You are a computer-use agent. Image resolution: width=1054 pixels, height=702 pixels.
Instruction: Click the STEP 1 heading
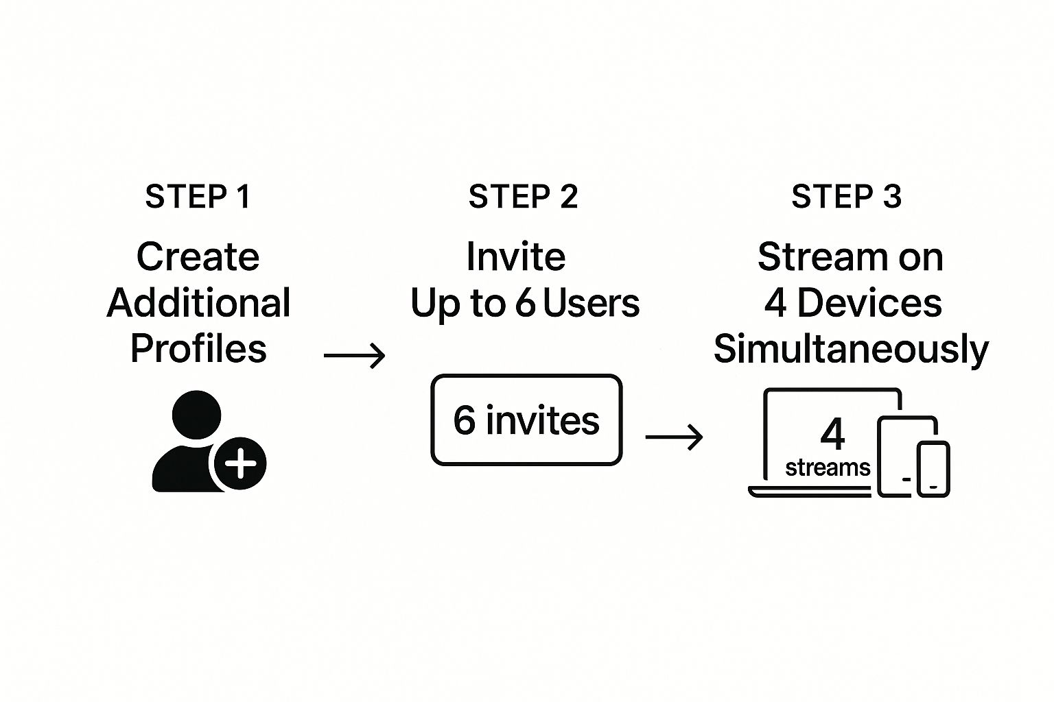click(x=198, y=197)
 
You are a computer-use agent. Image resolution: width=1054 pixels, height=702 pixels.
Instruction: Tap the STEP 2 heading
click(x=523, y=197)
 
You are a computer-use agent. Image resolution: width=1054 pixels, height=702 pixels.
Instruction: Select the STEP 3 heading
click(x=846, y=197)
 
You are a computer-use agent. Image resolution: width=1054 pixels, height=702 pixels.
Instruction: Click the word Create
click(x=198, y=257)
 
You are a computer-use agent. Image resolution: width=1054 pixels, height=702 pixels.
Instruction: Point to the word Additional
click(x=198, y=303)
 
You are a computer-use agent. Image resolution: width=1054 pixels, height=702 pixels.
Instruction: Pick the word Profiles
click(x=198, y=348)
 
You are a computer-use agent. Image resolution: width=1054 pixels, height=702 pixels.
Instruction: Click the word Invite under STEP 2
click(x=516, y=257)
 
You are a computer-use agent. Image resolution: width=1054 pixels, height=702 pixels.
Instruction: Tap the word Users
click(x=591, y=303)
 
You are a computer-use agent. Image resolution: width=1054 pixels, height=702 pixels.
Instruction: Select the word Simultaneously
click(x=851, y=348)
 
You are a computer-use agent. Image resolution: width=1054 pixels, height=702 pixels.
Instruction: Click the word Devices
click(x=869, y=303)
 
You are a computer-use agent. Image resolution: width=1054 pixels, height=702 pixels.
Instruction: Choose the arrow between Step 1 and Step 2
click(x=354, y=356)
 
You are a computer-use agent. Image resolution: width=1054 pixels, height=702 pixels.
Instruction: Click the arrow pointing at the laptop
click(x=675, y=437)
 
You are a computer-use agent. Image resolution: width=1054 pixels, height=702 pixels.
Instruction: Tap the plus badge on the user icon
click(x=240, y=464)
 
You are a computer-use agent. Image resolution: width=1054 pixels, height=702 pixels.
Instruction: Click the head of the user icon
click(x=197, y=415)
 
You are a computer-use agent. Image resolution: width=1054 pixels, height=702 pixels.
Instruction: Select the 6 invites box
click(x=526, y=420)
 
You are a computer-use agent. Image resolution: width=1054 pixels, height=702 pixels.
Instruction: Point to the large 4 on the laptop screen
click(x=832, y=434)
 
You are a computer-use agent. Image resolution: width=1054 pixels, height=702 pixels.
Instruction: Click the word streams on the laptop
click(x=828, y=468)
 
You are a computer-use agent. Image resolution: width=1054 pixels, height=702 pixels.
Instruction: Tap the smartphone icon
click(x=933, y=469)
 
